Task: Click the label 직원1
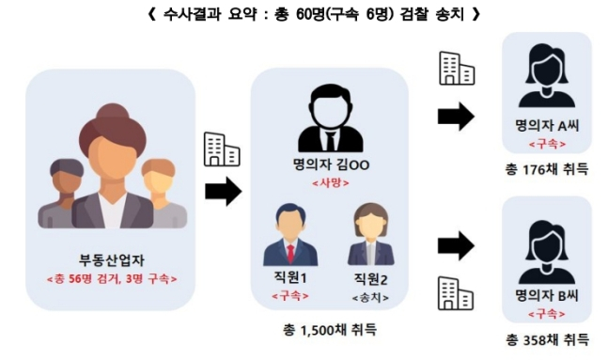(289, 278)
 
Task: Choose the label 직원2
(369, 279)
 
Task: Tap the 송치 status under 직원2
(369, 296)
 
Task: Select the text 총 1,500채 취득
(330, 330)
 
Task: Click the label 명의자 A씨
(547, 127)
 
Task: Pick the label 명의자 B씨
(547, 296)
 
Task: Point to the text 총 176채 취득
(547, 169)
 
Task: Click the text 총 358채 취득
(547, 338)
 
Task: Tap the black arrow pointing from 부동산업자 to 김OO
(223, 192)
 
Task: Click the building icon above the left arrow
(222, 150)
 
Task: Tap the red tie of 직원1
(290, 253)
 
